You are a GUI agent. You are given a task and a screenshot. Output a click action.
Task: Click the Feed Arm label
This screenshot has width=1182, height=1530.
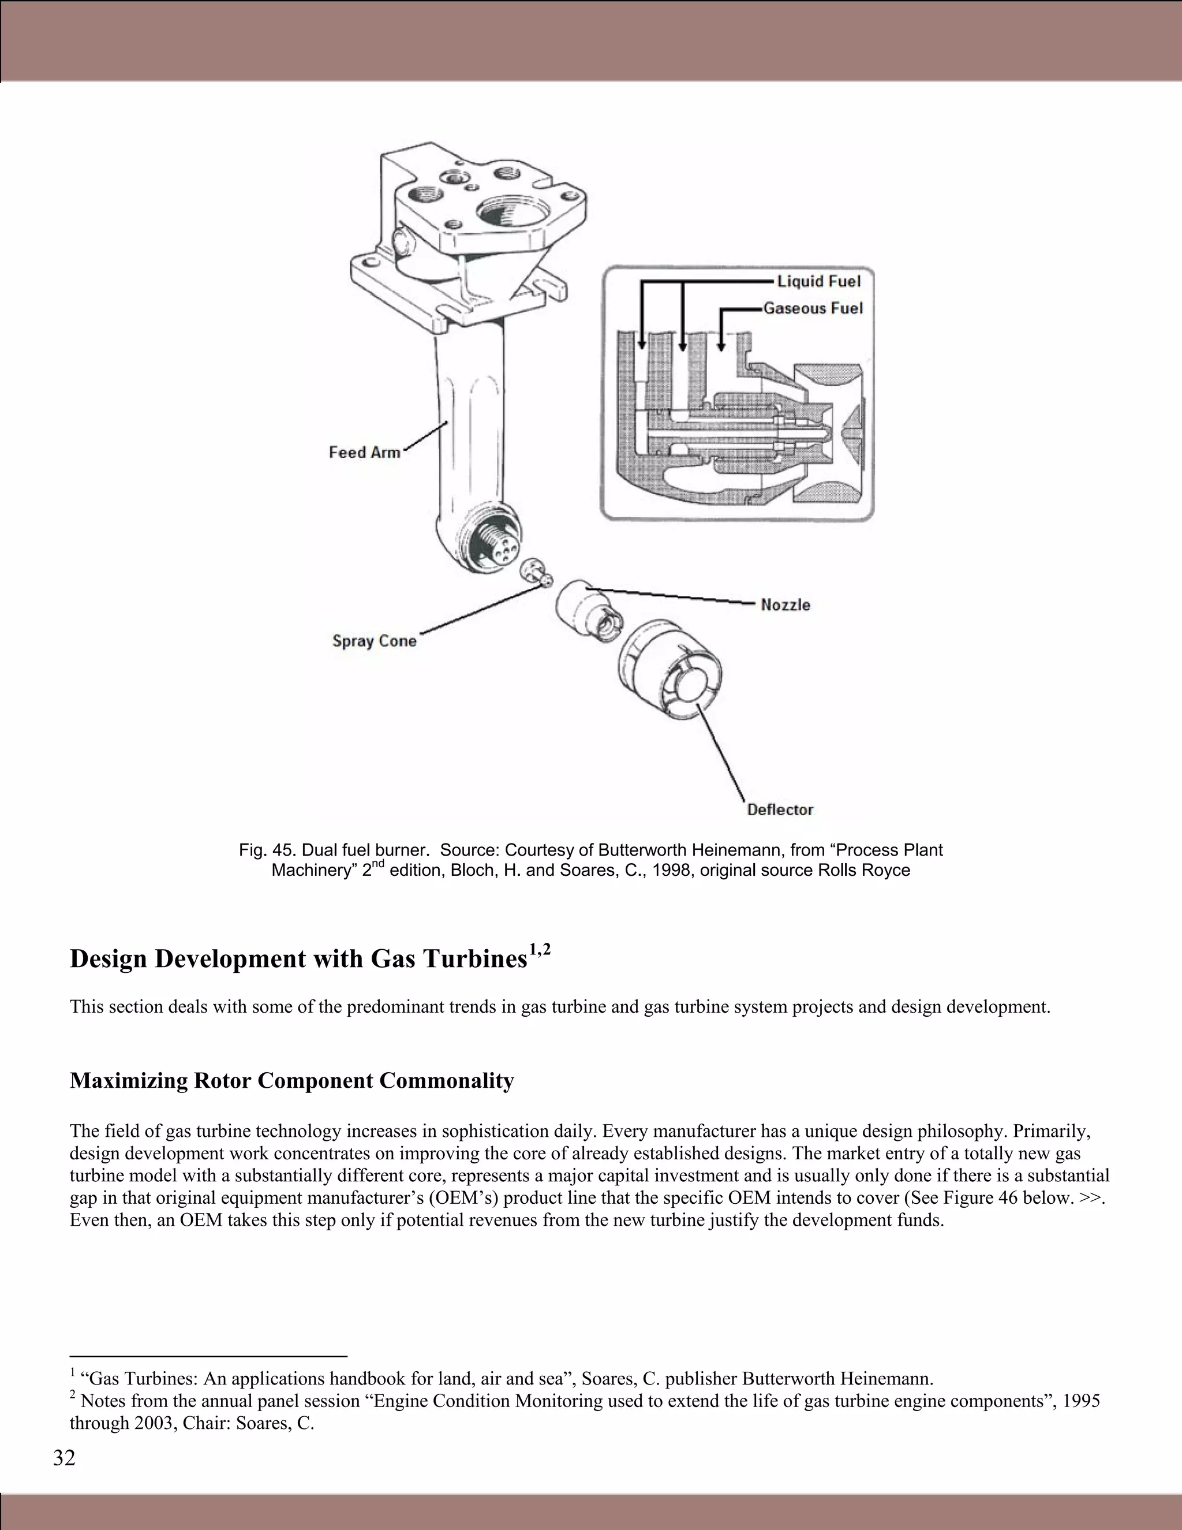(x=365, y=453)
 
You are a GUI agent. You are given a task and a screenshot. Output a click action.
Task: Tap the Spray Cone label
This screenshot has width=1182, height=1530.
(x=374, y=641)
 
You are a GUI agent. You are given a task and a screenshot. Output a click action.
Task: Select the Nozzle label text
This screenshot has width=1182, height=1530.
(x=785, y=604)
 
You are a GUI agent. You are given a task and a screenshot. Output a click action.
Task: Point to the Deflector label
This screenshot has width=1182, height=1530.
(x=779, y=810)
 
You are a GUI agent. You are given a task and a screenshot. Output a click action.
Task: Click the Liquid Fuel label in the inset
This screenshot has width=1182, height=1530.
(x=818, y=281)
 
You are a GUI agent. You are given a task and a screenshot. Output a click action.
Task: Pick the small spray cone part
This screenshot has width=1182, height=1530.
(x=536, y=571)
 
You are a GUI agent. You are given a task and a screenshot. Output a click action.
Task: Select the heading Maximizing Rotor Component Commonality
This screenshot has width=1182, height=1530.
(x=291, y=1080)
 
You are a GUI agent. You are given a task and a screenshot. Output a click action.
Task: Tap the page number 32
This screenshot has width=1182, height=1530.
(x=63, y=1458)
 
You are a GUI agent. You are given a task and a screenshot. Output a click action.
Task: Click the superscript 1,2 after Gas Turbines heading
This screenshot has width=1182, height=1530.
(x=540, y=950)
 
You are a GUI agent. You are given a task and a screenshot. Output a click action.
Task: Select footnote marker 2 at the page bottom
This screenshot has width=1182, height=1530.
(x=73, y=1396)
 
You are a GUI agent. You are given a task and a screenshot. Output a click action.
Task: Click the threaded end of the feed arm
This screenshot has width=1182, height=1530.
(x=492, y=543)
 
